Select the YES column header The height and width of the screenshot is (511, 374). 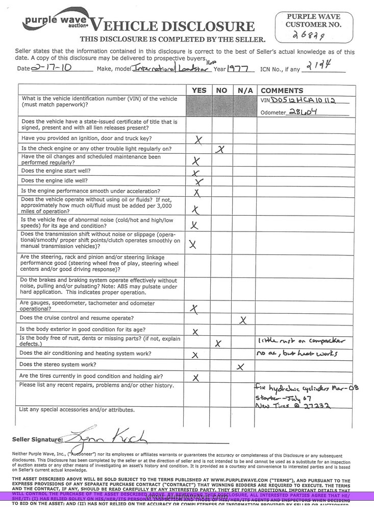199,90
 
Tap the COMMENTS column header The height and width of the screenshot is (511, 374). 282,90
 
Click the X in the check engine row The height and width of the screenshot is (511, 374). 220,149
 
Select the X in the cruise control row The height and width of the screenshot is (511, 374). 243,320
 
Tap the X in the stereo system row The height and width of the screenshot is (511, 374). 240,366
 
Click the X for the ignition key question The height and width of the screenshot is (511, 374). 198,140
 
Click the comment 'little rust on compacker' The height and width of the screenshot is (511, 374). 301,341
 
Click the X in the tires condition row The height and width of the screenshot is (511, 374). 195,378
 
